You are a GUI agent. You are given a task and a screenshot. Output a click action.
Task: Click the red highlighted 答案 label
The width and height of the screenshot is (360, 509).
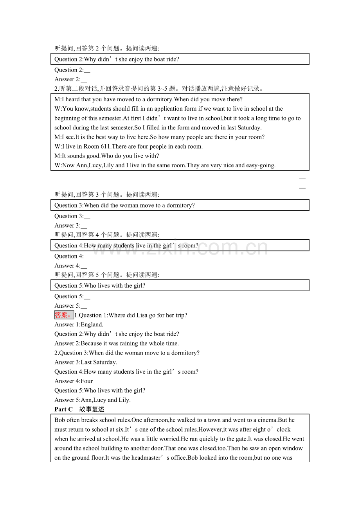(63, 315)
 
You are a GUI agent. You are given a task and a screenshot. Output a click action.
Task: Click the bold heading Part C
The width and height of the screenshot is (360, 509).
(63, 409)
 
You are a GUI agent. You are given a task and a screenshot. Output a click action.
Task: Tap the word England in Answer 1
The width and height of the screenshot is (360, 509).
(92, 324)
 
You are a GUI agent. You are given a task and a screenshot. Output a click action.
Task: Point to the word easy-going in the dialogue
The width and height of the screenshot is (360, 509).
(261, 165)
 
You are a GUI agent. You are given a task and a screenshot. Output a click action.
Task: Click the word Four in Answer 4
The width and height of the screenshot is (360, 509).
(87, 381)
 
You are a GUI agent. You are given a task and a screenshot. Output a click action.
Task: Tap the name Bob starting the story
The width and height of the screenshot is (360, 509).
(59, 420)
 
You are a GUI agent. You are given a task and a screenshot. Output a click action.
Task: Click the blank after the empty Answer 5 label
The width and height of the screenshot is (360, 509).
(84, 306)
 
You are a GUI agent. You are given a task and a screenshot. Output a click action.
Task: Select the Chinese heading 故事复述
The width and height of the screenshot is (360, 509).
(92, 409)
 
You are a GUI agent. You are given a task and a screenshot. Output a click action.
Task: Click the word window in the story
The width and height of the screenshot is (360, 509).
(294, 448)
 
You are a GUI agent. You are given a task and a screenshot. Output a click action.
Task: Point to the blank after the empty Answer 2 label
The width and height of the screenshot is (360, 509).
(84, 80)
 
